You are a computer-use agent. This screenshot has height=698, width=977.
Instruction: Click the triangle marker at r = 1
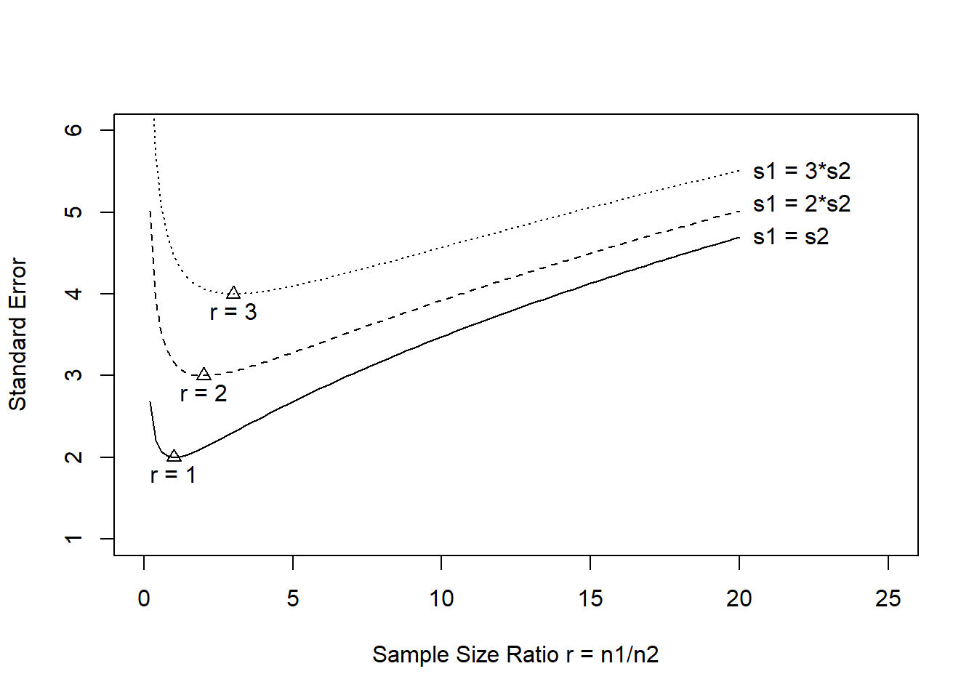coord(174,456)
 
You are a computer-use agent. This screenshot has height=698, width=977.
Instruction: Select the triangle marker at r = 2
coord(204,374)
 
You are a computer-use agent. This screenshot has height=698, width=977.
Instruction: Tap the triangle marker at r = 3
coord(233,293)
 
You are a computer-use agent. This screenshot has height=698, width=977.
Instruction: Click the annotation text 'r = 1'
coord(173,475)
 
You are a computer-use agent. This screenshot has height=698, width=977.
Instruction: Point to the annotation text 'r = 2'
coord(204,393)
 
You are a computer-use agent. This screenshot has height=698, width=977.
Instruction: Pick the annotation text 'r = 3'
coord(233,312)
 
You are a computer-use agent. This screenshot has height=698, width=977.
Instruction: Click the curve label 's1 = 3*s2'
coord(802,171)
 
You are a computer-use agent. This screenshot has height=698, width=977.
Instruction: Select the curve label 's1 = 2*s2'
coord(802,204)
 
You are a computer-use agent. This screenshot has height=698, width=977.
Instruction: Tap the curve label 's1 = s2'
coord(791,236)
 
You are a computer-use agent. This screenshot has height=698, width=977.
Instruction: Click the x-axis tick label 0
coord(144,598)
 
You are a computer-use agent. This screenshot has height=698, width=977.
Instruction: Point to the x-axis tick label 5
coord(293,598)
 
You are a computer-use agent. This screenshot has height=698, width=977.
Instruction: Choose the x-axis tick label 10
coord(441,598)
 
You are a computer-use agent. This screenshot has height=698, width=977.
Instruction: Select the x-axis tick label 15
coord(590,598)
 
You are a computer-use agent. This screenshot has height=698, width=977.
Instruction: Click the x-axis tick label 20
coord(739,598)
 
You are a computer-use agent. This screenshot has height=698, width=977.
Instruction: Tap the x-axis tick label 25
coord(888,598)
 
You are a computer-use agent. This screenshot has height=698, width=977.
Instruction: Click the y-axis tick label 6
coord(73,129)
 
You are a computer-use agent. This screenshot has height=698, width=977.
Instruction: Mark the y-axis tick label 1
coord(73,539)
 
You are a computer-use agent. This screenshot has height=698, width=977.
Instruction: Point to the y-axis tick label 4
coord(73,293)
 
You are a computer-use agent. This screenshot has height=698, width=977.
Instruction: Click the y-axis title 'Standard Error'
coord(17,334)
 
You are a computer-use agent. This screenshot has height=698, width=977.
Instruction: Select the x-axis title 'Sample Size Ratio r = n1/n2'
coord(515,654)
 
